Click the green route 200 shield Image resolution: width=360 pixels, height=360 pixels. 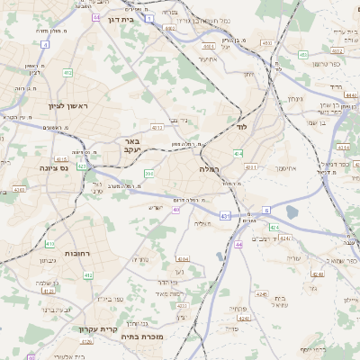[x=149, y=173]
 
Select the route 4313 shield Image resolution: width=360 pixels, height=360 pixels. [x=157, y=127]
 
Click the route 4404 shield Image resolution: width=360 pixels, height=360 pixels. [x=209, y=45]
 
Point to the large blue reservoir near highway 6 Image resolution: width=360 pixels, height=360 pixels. [x=292, y=212]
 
